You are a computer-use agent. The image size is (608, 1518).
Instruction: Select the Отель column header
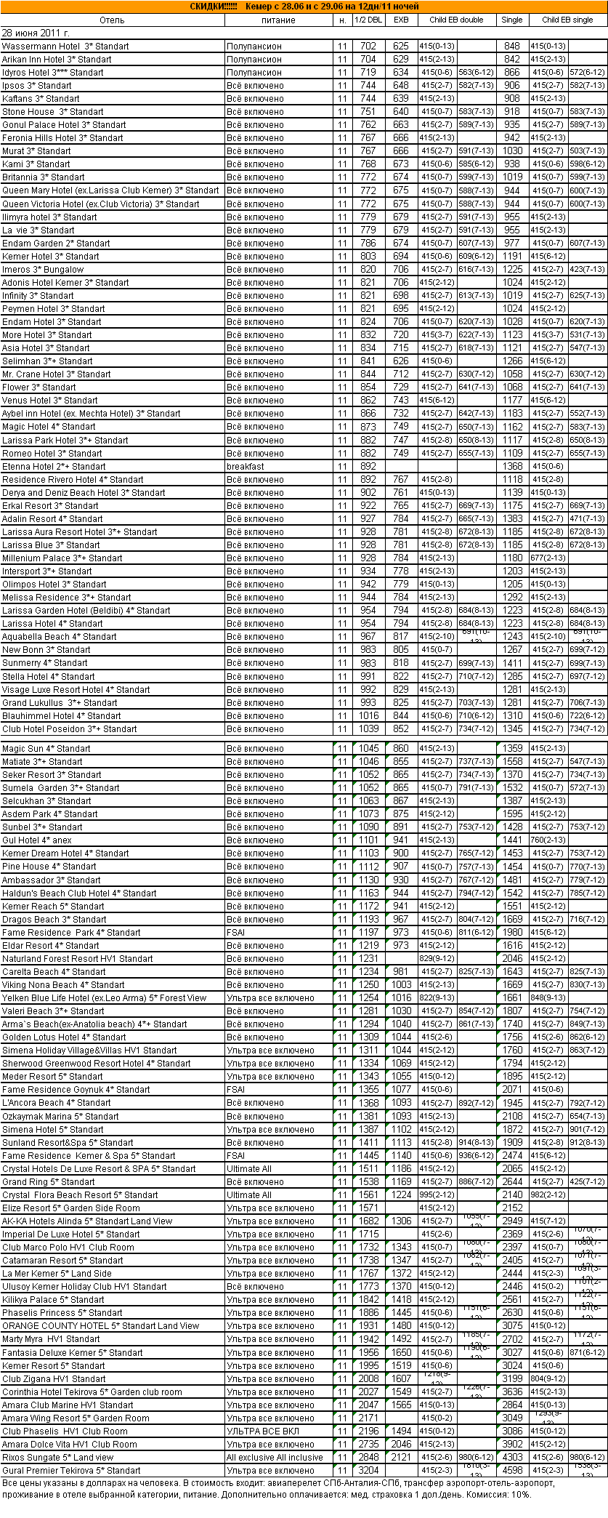112,20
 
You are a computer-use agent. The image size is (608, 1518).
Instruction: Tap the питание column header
278,20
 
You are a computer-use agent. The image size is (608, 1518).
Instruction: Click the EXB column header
401,20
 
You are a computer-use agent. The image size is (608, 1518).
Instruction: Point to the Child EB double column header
456,20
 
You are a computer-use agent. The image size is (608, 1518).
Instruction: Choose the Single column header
512,20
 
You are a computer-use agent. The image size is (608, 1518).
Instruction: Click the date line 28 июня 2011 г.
36,33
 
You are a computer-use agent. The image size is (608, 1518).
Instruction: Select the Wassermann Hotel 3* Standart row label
65,47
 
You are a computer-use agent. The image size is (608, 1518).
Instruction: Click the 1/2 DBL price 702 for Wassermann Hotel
368,47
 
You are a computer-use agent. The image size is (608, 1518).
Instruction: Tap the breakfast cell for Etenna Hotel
246,467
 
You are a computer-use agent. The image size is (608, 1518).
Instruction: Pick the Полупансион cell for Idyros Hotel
254,73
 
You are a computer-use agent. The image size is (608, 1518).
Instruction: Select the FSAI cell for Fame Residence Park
236,933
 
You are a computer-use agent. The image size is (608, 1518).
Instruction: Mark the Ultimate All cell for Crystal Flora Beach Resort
249,1195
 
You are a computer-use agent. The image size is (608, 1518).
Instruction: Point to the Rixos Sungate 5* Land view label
58,1458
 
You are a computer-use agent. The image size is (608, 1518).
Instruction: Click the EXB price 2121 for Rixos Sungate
401,1458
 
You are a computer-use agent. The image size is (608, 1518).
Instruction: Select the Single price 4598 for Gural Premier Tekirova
512,1471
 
